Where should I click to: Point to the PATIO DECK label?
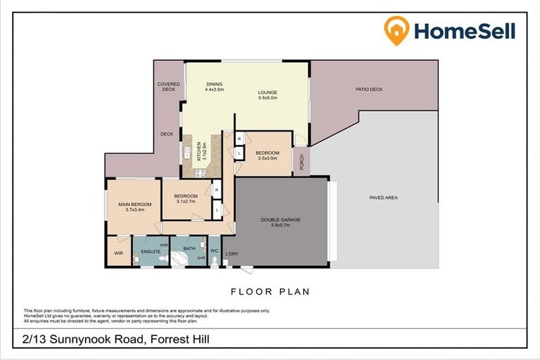368,89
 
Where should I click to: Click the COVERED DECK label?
168,86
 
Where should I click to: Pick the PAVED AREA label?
383,198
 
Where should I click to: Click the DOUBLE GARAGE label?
281,219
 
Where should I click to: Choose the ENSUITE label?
150,250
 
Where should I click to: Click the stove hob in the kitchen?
200,172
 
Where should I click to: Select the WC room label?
214,250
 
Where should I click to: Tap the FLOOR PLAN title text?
270,291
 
